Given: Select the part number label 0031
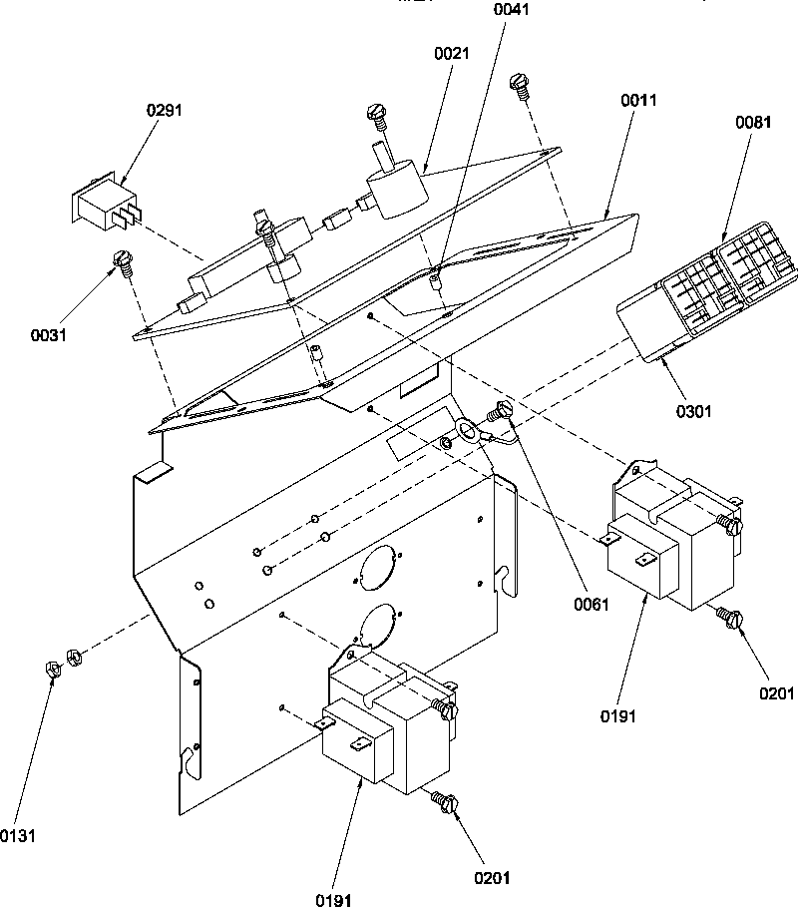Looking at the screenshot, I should (x=48, y=334).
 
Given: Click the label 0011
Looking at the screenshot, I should (x=638, y=101).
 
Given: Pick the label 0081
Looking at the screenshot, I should (x=753, y=123).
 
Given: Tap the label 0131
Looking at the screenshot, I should (x=17, y=834).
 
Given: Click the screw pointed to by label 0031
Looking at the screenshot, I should (x=124, y=262).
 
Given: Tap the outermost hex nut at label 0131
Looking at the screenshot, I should (x=52, y=669).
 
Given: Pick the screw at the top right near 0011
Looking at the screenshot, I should (x=519, y=84).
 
